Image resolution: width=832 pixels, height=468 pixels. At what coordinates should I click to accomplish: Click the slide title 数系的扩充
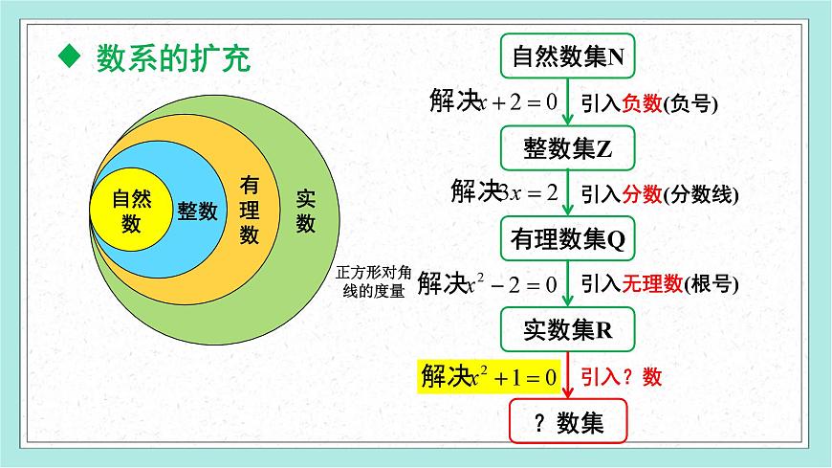tap(173, 59)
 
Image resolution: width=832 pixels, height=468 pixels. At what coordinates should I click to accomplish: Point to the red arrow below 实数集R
tap(569, 375)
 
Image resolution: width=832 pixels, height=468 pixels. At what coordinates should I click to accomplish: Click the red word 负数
tap(642, 104)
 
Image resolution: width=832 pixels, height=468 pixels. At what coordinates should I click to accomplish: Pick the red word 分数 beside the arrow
tap(642, 193)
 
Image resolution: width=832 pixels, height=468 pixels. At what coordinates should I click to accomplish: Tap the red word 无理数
tap(652, 284)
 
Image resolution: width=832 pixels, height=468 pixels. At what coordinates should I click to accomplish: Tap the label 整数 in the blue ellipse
tap(197, 212)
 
